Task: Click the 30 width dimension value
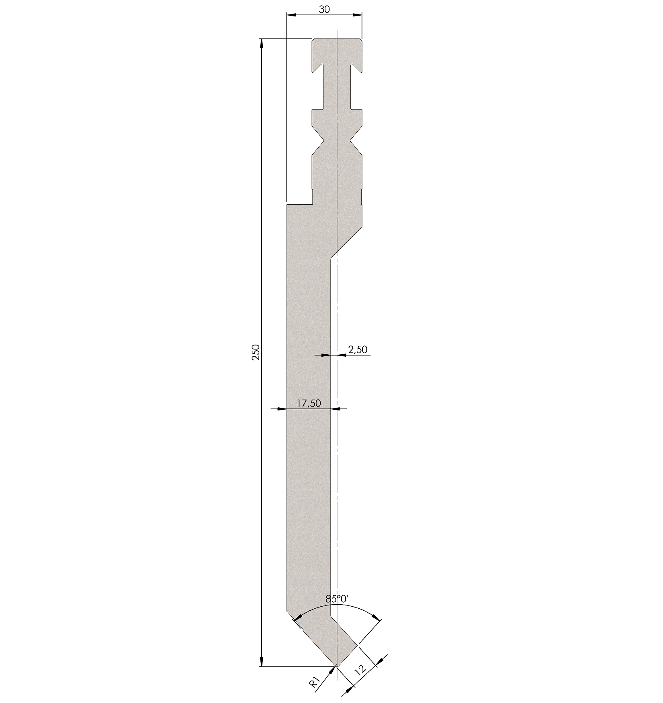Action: [x=324, y=9]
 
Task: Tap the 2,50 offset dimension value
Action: [x=358, y=349]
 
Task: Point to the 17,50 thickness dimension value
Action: [x=309, y=403]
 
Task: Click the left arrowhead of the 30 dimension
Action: [x=291, y=15]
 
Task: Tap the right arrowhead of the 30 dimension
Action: [x=357, y=15]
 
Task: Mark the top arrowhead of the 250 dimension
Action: [x=262, y=43]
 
